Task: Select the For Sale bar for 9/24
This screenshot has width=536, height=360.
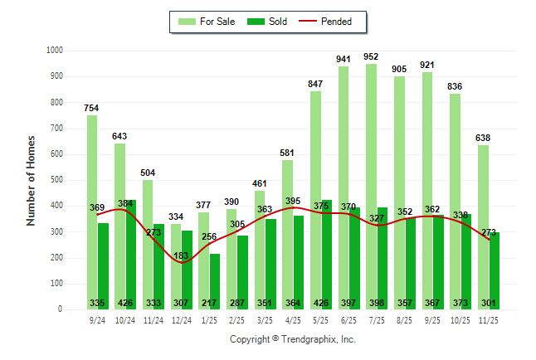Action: [x=92, y=207]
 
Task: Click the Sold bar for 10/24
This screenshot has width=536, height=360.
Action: [x=130, y=249]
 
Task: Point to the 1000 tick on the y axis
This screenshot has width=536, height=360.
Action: [x=55, y=51]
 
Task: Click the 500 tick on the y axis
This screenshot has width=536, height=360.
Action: [x=57, y=180]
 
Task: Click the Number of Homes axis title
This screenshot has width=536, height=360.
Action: [x=31, y=180]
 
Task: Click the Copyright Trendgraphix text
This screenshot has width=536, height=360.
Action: [x=292, y=339]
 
